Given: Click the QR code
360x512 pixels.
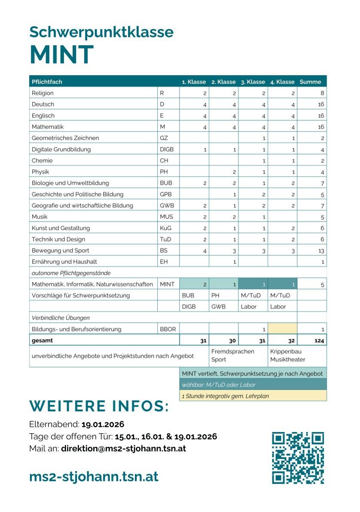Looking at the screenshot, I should click(298, 457).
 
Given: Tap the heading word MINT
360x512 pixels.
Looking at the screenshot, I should click(61, 55).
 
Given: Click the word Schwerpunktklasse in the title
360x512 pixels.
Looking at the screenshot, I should click(101, 32).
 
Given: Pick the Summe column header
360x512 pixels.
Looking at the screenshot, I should click(310, 82).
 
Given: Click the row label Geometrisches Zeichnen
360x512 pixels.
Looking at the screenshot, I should click(65, 138).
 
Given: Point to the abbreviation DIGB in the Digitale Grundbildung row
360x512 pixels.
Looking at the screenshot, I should click(167, 150).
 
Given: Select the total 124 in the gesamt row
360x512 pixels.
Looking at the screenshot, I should click(320, 340).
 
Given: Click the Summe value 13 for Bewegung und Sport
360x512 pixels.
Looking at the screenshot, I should click(321, 251).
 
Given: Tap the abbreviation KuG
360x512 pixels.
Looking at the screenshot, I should click(166, 228).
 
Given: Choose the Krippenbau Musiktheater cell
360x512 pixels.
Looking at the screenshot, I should click(287, 356).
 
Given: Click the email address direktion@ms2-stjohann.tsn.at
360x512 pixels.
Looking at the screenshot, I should click(123, 448).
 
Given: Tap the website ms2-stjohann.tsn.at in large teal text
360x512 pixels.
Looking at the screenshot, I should click(94, 476).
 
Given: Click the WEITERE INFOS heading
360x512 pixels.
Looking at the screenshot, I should click(99, 406).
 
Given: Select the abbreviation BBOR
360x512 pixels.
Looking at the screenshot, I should click(167, 329).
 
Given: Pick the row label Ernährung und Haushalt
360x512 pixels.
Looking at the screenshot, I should click(64, 262).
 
